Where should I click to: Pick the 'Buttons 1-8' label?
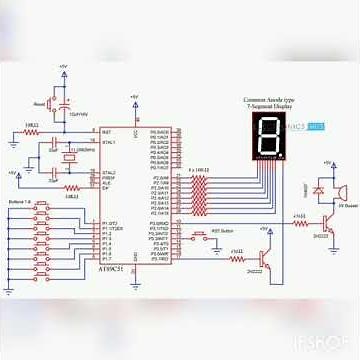(20, 203)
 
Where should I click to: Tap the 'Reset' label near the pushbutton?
(40, 103)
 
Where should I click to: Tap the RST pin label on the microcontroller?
(105, 131)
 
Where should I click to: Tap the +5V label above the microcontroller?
(133, 97)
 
